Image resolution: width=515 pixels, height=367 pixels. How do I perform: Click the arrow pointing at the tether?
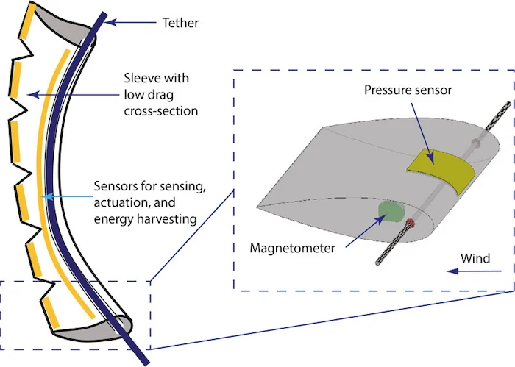[x=132, y=23]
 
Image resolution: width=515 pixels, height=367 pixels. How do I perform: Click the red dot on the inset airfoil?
[x=411, y=222]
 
